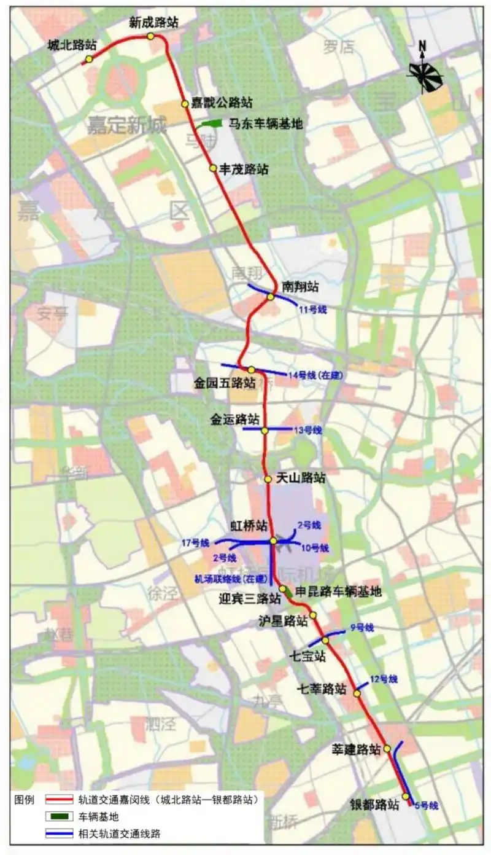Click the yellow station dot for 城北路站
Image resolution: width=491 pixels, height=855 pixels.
coord(90,59)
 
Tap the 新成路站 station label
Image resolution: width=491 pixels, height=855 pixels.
coord(153,23)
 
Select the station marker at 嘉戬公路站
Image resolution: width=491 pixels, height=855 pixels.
coord(184,104)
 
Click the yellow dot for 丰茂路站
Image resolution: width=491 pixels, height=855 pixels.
coord(213,168)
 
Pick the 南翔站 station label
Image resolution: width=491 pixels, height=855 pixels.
coord(301,286)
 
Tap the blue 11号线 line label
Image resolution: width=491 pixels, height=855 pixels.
coord(313,310)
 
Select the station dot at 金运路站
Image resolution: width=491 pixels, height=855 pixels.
coord(265,431)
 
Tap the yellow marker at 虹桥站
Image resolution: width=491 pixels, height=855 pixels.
coord(273,541)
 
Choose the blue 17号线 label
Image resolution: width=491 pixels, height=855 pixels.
coord(196,543)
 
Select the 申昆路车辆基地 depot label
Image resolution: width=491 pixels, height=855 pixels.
coord(338,591)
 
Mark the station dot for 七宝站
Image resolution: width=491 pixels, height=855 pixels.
coord(325,640)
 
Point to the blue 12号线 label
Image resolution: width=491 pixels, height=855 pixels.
coord(384,679)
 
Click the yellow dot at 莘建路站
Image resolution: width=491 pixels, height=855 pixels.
coord(387,749)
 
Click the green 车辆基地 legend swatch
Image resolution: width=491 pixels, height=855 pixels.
coord(60,817)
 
